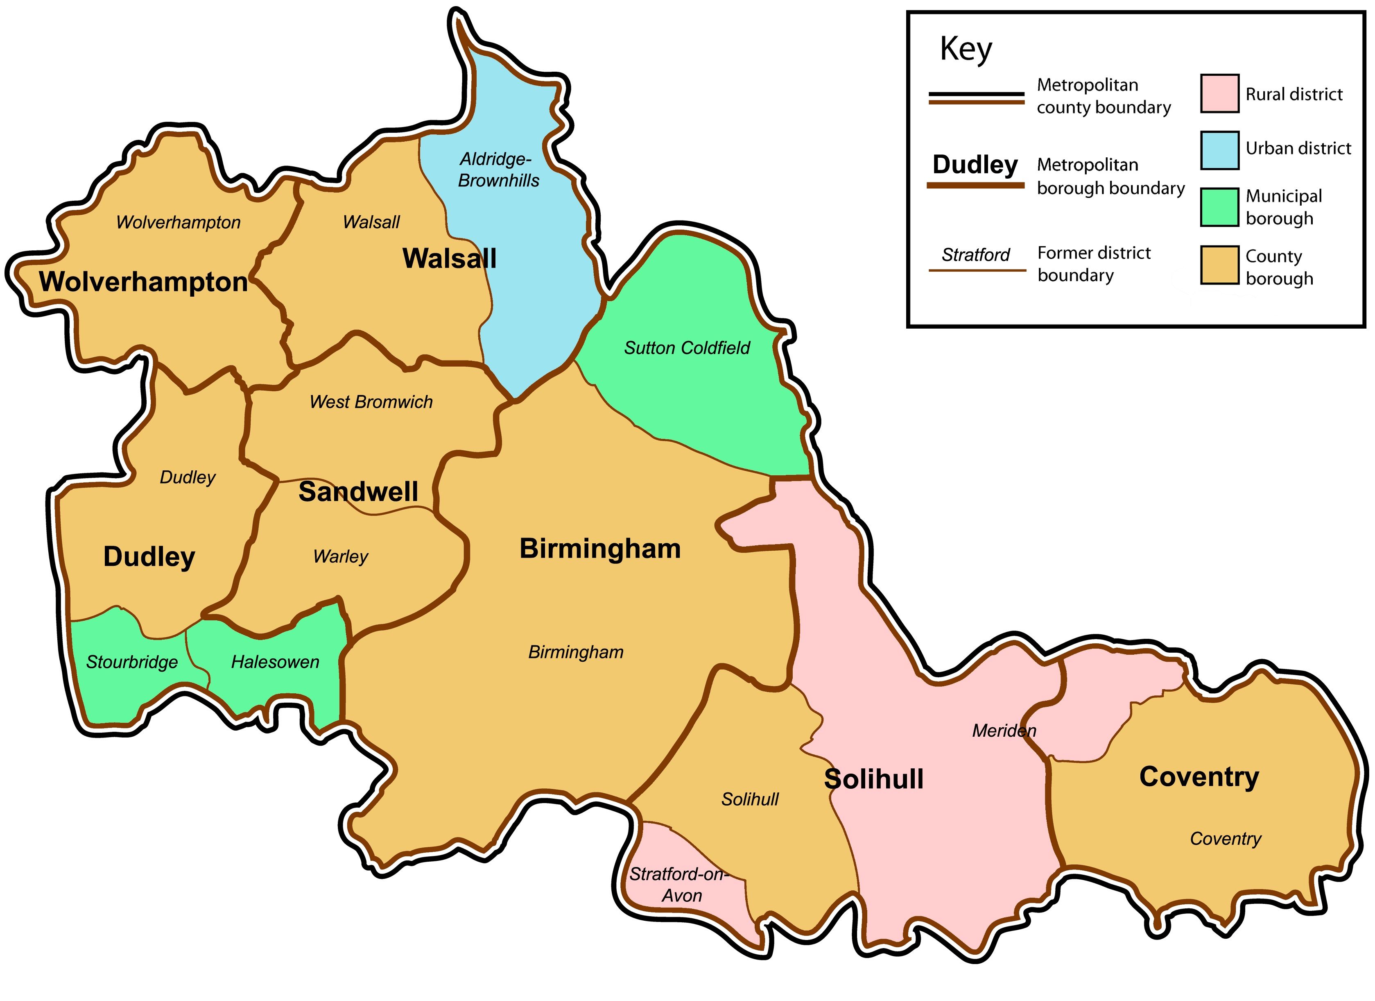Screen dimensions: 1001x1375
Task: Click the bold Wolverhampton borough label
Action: click(144, 282)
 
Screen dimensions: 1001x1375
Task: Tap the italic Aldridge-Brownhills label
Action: click(498, 170)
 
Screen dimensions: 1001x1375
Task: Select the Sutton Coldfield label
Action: click(687, 348)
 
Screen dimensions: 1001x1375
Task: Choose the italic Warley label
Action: click(340, 556)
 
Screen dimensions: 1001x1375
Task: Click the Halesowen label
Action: click(275, 662)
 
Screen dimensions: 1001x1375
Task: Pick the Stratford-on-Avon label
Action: click(678, 885)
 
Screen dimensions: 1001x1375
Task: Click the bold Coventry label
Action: click(1199, 777)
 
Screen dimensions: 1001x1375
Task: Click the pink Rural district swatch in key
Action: click(1219, 93)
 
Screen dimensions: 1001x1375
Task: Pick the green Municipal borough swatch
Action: click(1219, 207)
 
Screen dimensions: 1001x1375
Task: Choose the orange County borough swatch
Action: click(1219, 265)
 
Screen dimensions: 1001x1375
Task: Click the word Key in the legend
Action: click(966, 49)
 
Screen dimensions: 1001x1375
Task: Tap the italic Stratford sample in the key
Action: click(975, 255)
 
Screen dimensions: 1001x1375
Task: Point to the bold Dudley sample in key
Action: click(975, 164)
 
